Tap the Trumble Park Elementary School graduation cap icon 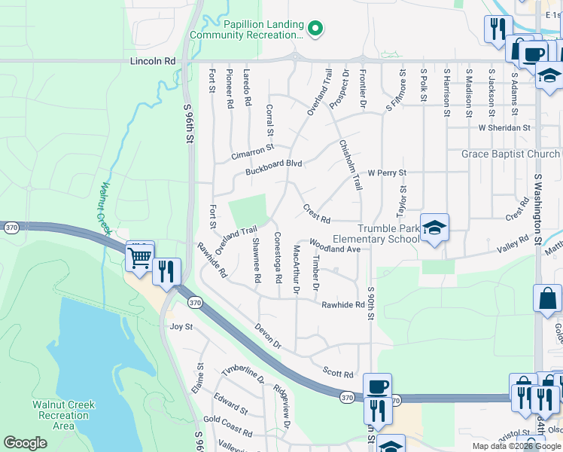(434, 228)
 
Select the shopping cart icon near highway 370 (140, 258)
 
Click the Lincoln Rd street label (152, 60)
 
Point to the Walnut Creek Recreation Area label (64, 415)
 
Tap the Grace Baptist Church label (511, 154)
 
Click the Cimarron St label (253, 152)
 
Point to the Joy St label (181, 327)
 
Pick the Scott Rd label (338, 373)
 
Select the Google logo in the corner (25, 443)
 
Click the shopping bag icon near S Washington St (547, 298)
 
